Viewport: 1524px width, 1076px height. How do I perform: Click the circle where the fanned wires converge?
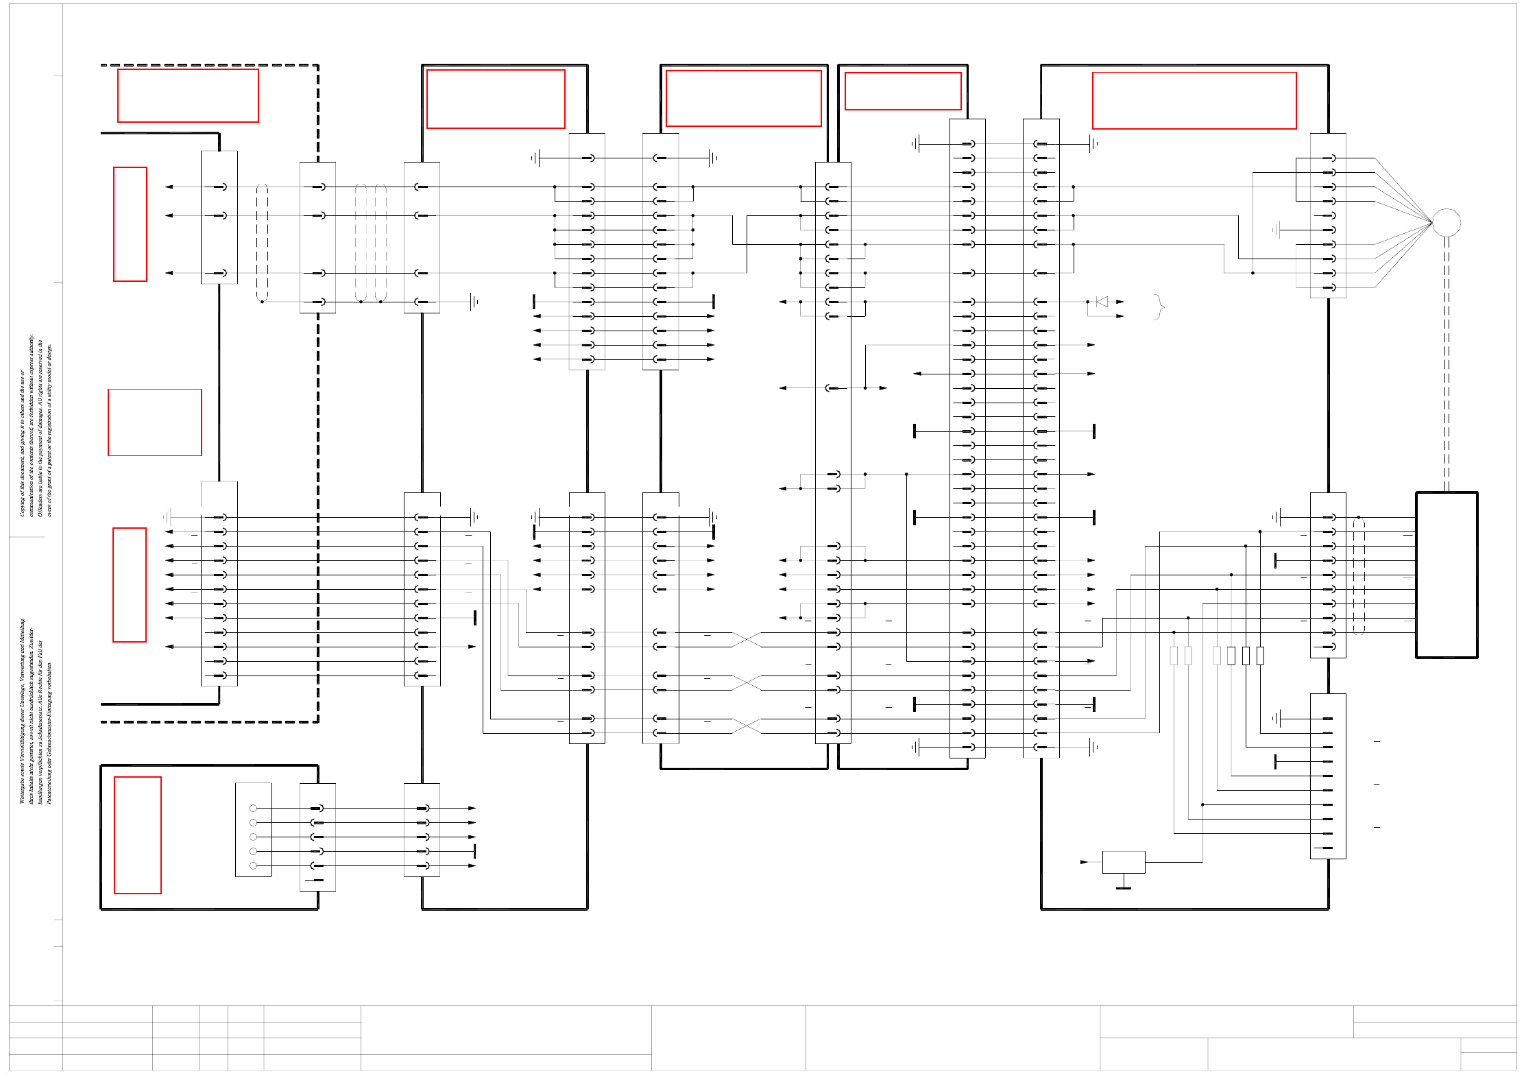point(1447,222)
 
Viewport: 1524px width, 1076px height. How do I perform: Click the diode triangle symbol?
point(1102,302)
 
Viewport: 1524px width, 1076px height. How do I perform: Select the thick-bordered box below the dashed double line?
point(1447,575)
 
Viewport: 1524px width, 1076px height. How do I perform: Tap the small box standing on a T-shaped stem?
point(1124,862)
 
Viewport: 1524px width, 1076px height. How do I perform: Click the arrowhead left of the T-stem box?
point(1084,862)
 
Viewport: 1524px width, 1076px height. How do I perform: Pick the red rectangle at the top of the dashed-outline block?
point(188,95)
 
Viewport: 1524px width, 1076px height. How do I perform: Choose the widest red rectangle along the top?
point(1194,100)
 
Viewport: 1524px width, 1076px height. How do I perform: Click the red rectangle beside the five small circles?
point(138,835)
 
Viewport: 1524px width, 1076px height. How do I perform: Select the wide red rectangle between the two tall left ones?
point(155,422)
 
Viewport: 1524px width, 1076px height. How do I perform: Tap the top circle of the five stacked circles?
point(253,809)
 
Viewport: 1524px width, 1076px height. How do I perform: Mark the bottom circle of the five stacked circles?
point(253,865)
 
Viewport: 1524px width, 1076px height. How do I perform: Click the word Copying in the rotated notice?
point(22,504)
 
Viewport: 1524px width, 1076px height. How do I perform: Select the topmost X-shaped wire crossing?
point(747,640)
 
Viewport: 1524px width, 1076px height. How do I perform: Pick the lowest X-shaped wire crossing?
point(747,726)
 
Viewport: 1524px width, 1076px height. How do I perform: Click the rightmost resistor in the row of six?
point(1260,656)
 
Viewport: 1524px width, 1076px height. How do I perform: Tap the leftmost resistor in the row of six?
point(1174,656)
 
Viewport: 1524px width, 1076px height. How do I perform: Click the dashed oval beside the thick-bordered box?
point(1359,576)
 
